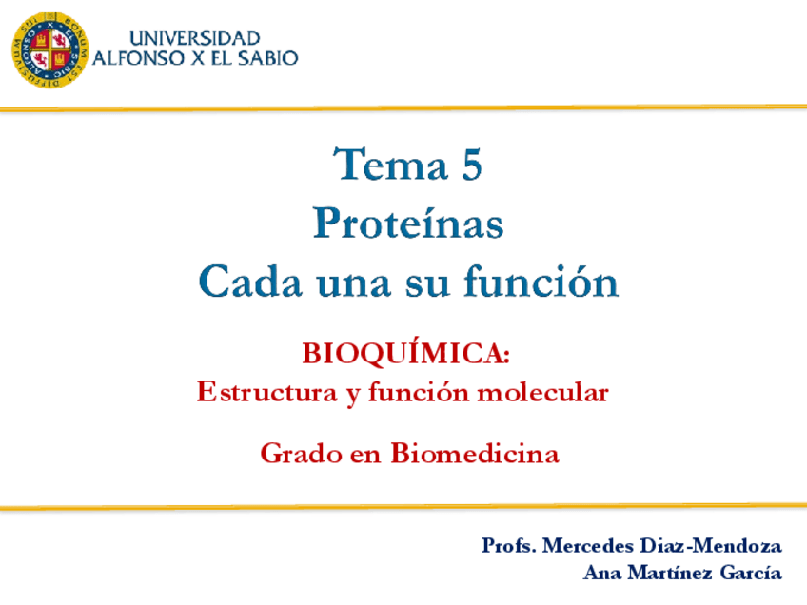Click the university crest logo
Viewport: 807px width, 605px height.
tap(49, 49)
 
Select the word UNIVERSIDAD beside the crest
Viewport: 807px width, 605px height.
tap(194, 39)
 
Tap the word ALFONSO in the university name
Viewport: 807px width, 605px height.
tap(138, 58)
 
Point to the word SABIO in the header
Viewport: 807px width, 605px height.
tap(267, 58)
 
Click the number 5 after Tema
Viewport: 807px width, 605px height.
tap(471, 165)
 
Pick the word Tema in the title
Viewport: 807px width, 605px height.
tap(390, 165)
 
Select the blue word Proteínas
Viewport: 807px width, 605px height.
tap(408, 223)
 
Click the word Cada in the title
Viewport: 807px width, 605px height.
tap(250, 281)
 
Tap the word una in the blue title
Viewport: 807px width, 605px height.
tap(354, 284)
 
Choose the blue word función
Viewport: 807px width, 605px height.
tap(541, 281)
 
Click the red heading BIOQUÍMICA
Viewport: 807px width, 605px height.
tap(405, 354)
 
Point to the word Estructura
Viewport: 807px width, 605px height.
tap(267, 393)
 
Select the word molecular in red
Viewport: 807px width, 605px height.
tap(543, 393)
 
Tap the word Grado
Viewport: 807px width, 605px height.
tap(302, 454)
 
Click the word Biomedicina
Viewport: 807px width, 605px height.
tap(475, 453)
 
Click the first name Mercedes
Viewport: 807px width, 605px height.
tap(588, 545)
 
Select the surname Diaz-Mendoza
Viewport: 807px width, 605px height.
tap(711, 545)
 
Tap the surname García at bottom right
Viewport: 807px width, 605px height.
tap(751, 573)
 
